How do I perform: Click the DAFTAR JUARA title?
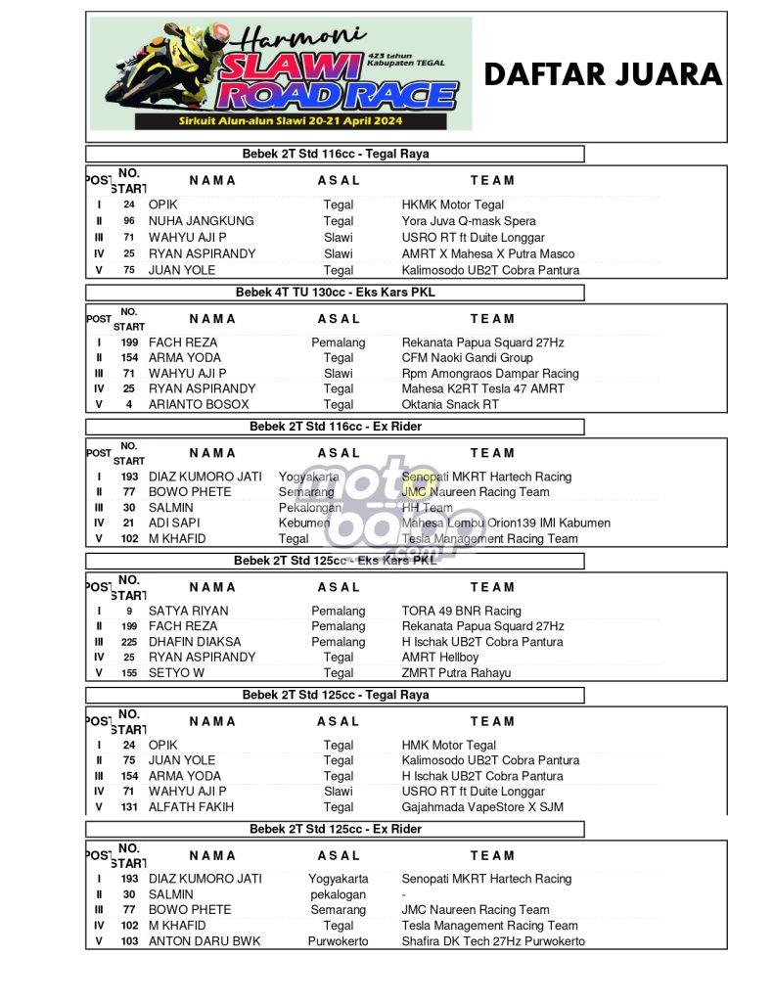tap(603, 74)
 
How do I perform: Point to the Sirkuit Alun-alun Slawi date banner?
tap(284, 122)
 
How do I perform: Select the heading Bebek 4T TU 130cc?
tap(335, 293)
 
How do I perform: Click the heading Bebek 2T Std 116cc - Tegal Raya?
tap(335, 154)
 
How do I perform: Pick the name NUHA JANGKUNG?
tap(201, 221)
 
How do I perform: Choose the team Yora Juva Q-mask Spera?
tap(469, 221)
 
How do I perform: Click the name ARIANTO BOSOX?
tap(199, 404)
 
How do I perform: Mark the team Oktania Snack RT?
tap(450, 404)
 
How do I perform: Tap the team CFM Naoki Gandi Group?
tap(467, 358)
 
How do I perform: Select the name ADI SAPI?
tap(174, 523)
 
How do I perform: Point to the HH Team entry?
tap(428, 508)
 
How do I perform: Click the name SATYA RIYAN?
tap(188, 611)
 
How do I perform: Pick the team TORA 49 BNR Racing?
tap(461, 611)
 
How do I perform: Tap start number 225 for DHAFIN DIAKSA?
tap(129, 642)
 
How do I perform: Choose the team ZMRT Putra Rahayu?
tap(456, 673)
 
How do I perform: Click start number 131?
tap(129, 807)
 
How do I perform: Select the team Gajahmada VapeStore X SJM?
tap(482, 807)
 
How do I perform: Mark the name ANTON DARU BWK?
tap(205, 941)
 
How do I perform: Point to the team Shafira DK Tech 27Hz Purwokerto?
tap(493, 941)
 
